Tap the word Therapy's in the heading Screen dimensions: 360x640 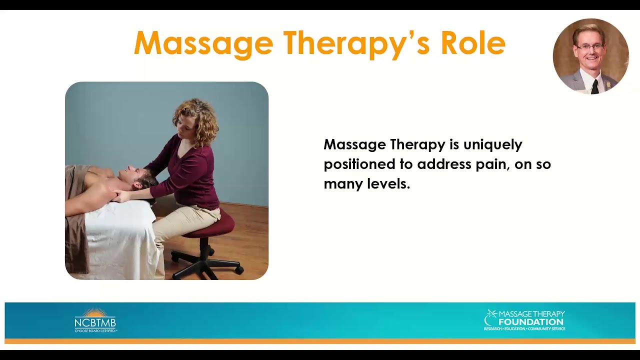tap(356, 44)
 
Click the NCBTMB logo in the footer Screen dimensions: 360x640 tap(95, 320)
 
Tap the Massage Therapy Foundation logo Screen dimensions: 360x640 tap(524, 320)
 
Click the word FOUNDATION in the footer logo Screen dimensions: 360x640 tap(531, 322)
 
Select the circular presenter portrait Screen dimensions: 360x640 tap(590, 56)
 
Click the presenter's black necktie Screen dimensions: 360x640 tap(594, 85)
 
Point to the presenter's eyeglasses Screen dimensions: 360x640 tap(590, 46)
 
